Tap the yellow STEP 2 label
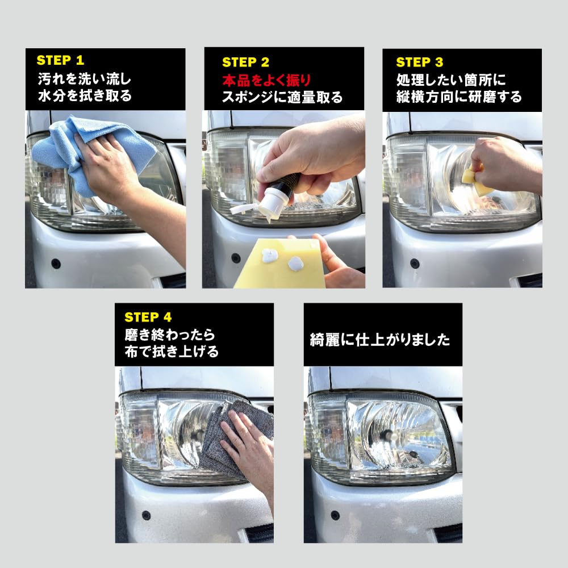pos(245,62)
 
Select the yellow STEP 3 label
pos(419,62)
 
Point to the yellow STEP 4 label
pos(148,317)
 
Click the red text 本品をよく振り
pos(266,80)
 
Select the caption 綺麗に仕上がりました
pos(380,340)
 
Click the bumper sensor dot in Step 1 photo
pos(56,264)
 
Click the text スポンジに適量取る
pos(282,97)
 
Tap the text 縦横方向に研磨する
pos(460,97)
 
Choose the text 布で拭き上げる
pos(172,352)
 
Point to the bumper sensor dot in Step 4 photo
pos(146,516)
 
